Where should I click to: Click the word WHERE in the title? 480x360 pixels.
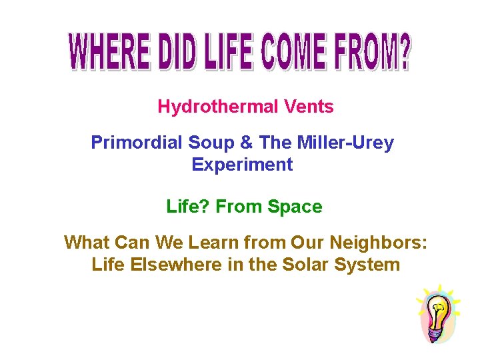pos(107,51)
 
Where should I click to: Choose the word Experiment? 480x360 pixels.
pos(242,165)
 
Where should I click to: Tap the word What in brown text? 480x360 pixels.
pos(85,243)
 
